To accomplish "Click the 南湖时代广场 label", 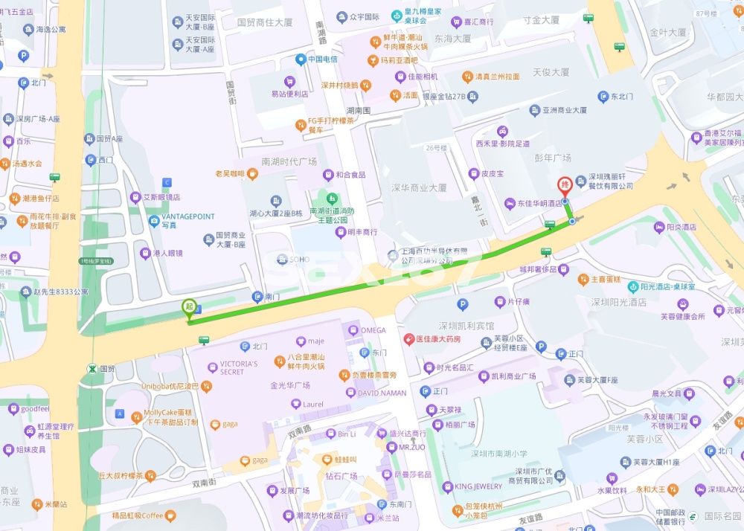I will click(x=289, y=161).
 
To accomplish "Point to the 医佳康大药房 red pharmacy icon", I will click(x=408, y=339).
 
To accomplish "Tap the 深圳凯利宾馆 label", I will click(x=466, y=326).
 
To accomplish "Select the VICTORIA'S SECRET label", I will click(x=238, y=367).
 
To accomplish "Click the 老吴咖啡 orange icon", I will click(x=253, y=174).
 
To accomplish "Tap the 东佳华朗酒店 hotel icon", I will click(x=510, y=203).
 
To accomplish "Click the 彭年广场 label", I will click(x=553, y=158).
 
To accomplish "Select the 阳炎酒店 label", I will click(x=679, y=227).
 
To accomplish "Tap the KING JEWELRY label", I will click(x=478, y=486).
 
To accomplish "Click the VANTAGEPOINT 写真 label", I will click(x=188, y=221).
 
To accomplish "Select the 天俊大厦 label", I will click(x=551, y=72).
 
